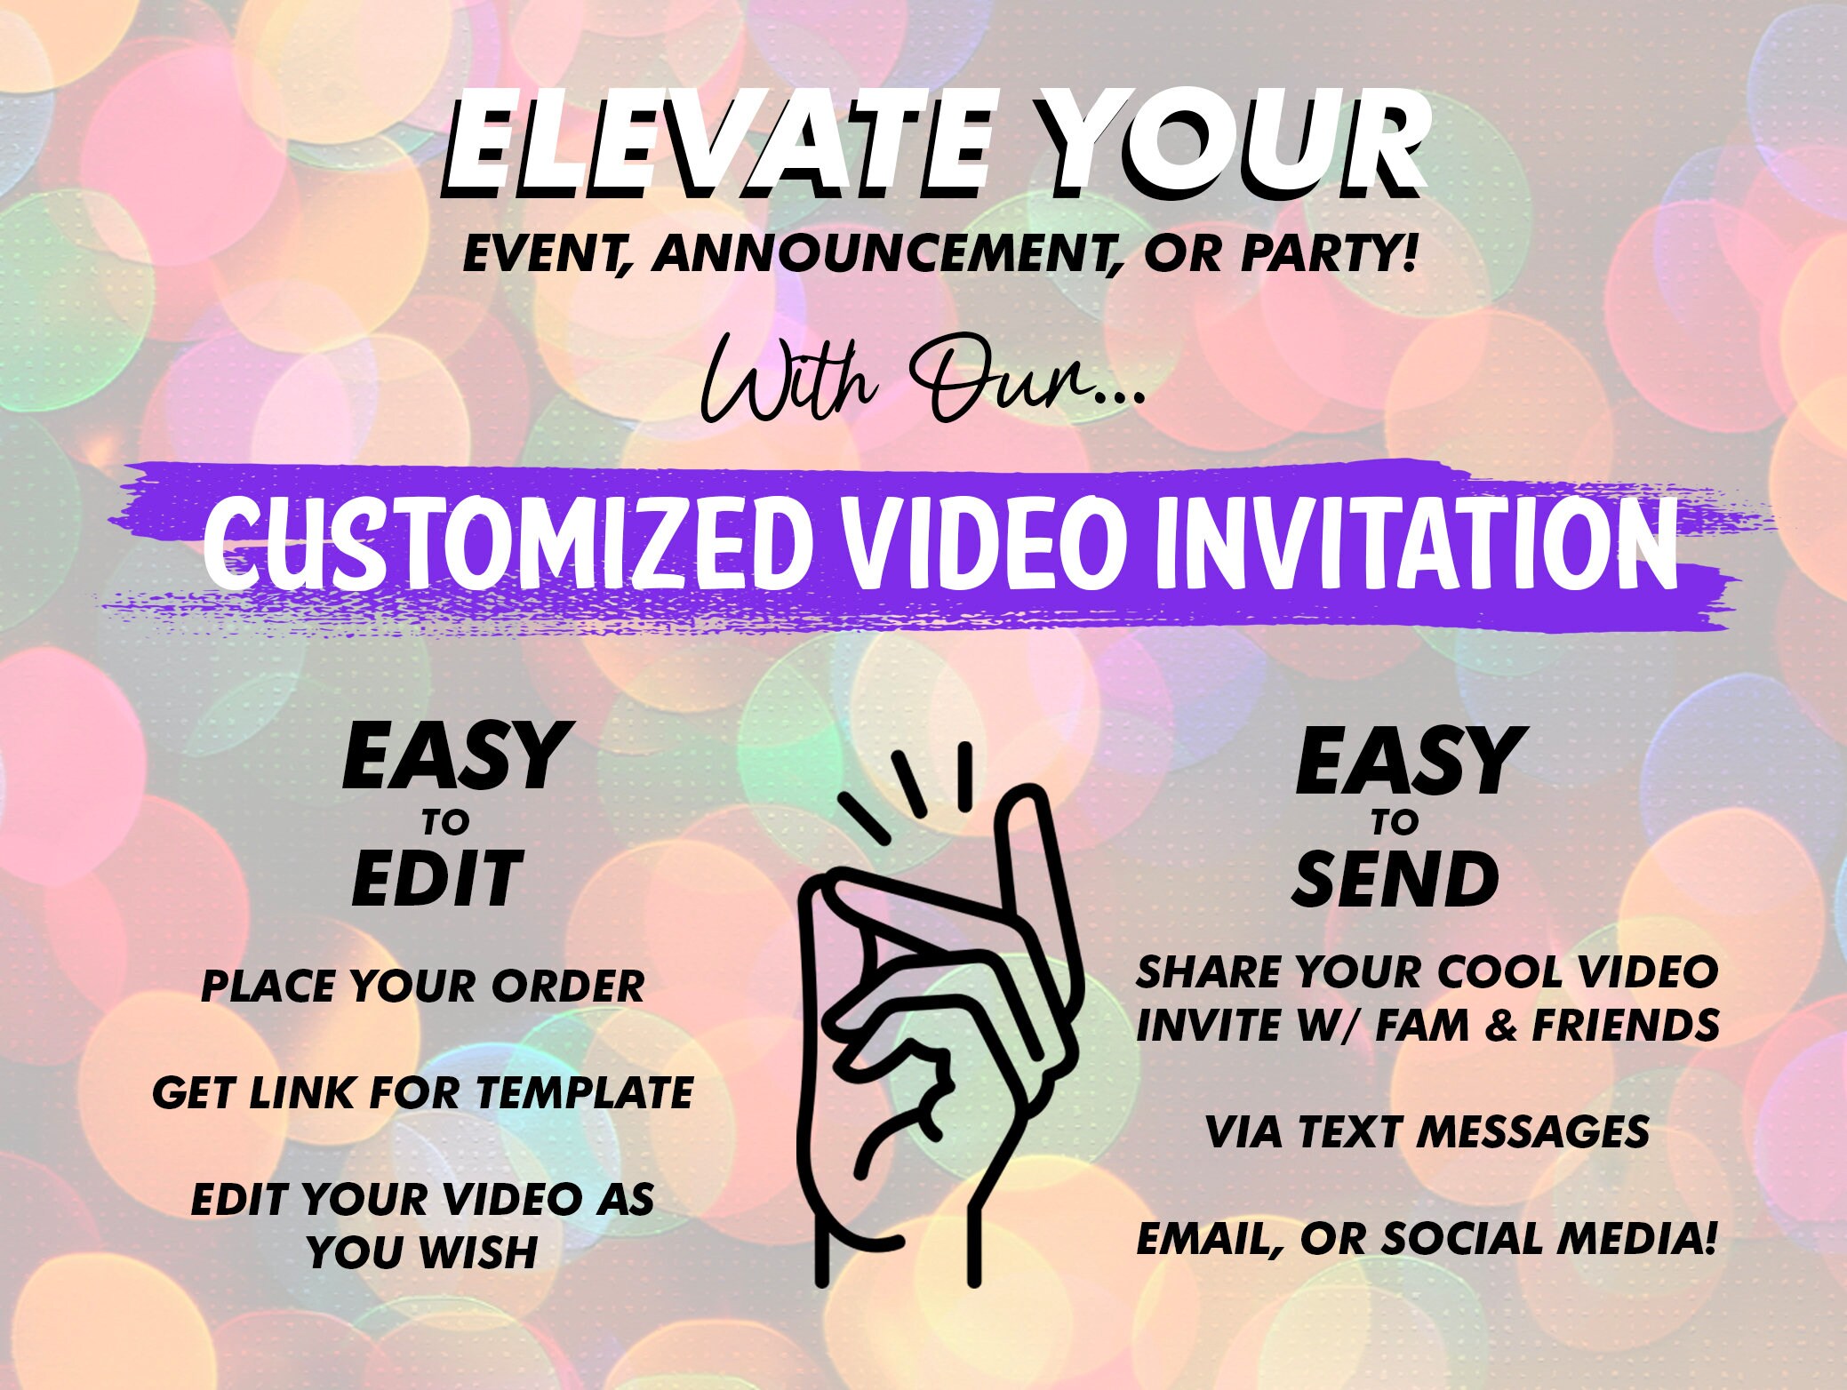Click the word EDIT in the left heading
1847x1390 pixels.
436,878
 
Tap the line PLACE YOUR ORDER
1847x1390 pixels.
423,987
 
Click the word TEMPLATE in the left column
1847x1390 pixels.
585,1092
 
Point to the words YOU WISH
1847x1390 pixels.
422,1252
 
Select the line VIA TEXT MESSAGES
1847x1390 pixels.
1427,1131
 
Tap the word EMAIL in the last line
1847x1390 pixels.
1210,1239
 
